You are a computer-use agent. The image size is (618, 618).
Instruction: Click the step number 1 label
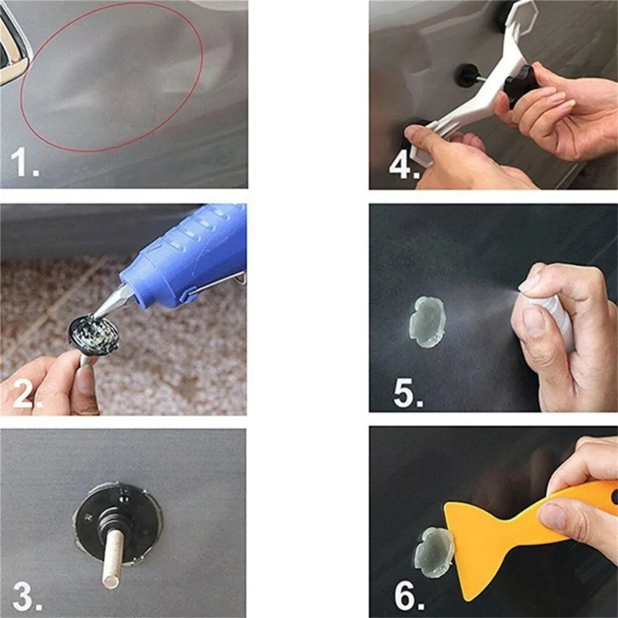[x=25, y=163]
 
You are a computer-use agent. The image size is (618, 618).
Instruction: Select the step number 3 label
[x=27, y=597]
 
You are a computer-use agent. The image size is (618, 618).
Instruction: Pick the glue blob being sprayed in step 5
[x=427, y=322]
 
